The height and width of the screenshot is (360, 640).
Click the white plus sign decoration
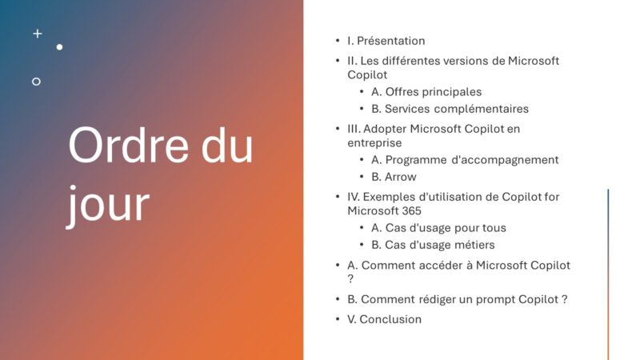37,34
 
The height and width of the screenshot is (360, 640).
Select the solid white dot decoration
59,47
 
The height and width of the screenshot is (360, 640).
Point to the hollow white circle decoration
36,82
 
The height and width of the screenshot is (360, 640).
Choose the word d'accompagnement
504,160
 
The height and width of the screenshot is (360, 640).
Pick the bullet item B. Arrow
394,177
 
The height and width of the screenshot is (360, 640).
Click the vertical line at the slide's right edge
608,272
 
